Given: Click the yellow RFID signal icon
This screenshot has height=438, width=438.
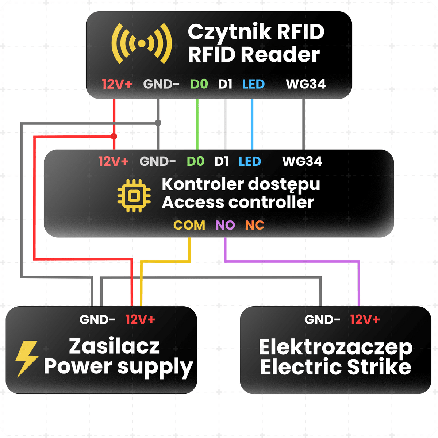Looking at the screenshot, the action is [x=142, y=43].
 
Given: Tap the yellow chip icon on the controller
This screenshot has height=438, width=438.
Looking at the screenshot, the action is [x=134, y=196].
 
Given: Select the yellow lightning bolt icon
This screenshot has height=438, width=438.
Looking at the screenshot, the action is [x=27, y=359].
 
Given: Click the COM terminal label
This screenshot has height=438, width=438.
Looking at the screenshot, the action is [x=189, y=225].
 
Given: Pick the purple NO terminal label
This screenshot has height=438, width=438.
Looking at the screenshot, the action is [x=225, y=225].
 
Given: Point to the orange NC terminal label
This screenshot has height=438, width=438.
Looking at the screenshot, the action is [x=254, y=225].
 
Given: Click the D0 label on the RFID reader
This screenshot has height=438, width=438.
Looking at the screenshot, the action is [x=199, y=84].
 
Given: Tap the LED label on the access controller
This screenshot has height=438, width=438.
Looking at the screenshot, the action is [x=250, y=162].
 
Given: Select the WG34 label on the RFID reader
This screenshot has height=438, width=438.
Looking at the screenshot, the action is [x=306, y=84].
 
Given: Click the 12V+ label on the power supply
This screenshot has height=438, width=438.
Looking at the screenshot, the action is [x=140, y=320].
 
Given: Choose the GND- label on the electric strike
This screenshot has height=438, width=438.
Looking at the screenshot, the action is [x=322, y=320].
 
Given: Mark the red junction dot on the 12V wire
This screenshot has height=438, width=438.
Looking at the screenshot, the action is [x=114, y=137].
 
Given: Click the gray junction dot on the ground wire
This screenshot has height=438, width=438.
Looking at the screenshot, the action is [x=158, y=123].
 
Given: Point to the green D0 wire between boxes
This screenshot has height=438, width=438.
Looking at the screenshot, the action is [x=197, y=124].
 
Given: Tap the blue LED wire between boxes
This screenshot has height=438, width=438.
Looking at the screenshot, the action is [x=252, y=124].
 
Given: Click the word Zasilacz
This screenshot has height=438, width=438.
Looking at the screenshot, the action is [x=114, y=346].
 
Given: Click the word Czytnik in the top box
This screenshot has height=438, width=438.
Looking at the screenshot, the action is [x=230, y=32].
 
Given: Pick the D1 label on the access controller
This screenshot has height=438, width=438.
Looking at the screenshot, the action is [x=222, y=162].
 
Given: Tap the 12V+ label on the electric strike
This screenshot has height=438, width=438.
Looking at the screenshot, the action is [x=365, y=320].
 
